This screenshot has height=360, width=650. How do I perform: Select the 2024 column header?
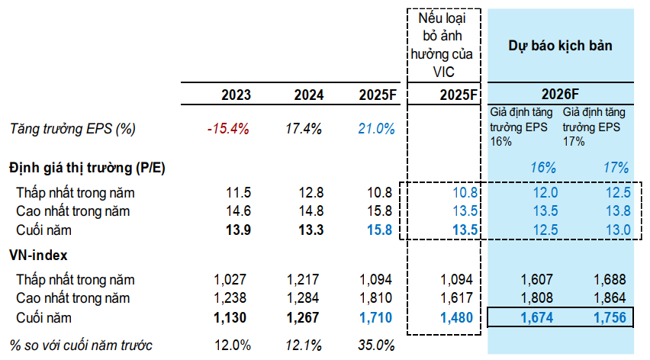pos(308,95)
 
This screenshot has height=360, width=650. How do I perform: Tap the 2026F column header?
pos(561,95)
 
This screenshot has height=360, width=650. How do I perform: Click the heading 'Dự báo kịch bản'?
pos(561,46)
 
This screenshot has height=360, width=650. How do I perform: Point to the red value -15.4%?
pos(228,129)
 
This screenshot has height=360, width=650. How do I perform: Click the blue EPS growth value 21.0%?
pos(377,129)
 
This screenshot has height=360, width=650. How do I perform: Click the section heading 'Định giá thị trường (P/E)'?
pos(87,167)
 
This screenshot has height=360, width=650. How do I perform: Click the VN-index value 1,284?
pos(306,297)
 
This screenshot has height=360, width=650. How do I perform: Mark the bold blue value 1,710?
pos(378,317)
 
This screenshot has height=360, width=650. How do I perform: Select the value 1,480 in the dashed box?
pos(458,317)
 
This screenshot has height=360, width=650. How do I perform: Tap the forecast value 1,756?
pos(608,317)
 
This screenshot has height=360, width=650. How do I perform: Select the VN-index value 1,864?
pos(608,297)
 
